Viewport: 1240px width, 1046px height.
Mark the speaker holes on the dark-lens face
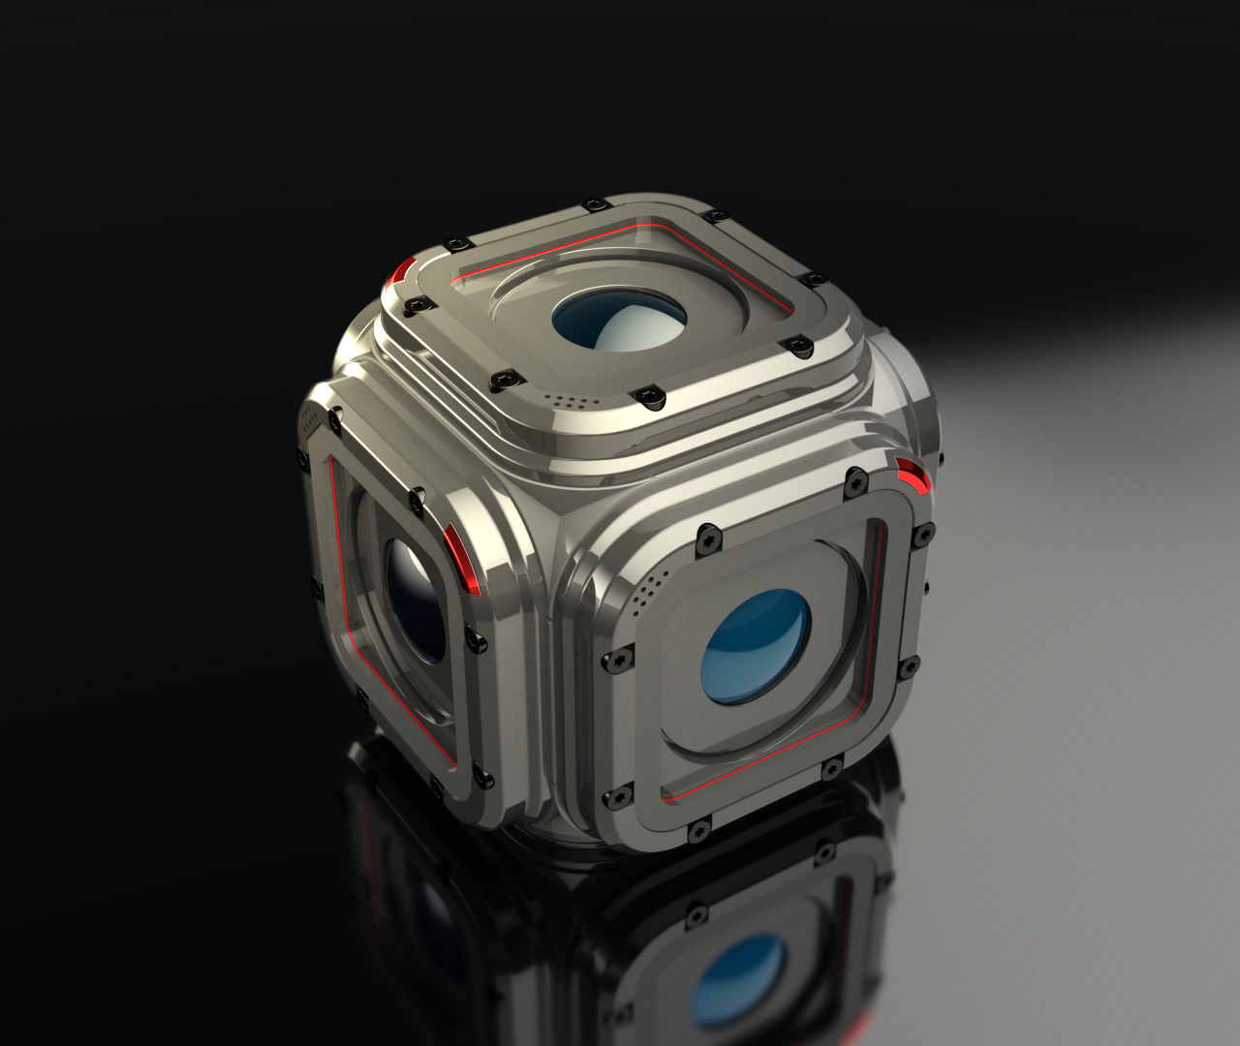tap(309, 421)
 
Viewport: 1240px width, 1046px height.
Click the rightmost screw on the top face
tap(815, 279)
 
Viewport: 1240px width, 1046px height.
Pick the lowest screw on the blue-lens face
tap(697, 830)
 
